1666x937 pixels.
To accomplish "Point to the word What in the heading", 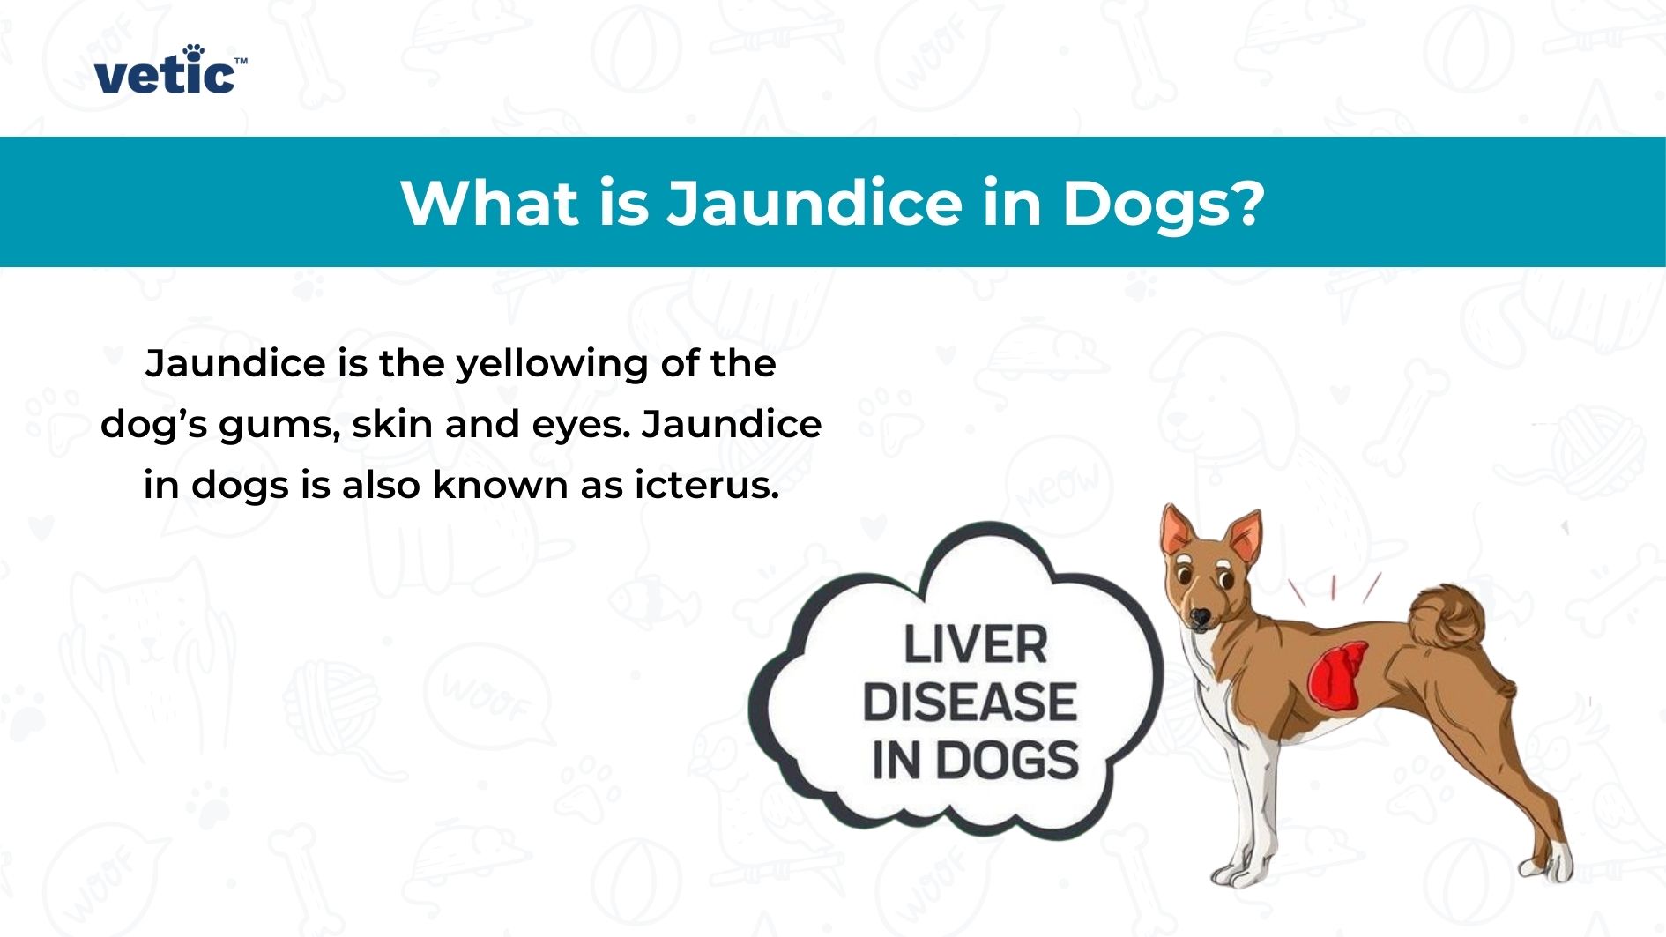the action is pyautogui.click(x=490, y=203).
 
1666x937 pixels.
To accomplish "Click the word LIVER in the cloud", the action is pyautogui.click(x=976, y=644).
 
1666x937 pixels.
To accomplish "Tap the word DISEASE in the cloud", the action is pyautogui.click(x=970, y=702).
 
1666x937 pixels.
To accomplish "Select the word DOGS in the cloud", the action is pyautogui.click(x=1007, y=760).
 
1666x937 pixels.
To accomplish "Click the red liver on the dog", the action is pyautogui.click(x=1337, y=676).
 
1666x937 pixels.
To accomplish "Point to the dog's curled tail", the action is pyautogui.click(x=1446, y=617).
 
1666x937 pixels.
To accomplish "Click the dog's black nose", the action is pyautogui.click(x=1200, y=616).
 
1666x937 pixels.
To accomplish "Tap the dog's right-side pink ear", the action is pyautogui.click(x=1244, y=536).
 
